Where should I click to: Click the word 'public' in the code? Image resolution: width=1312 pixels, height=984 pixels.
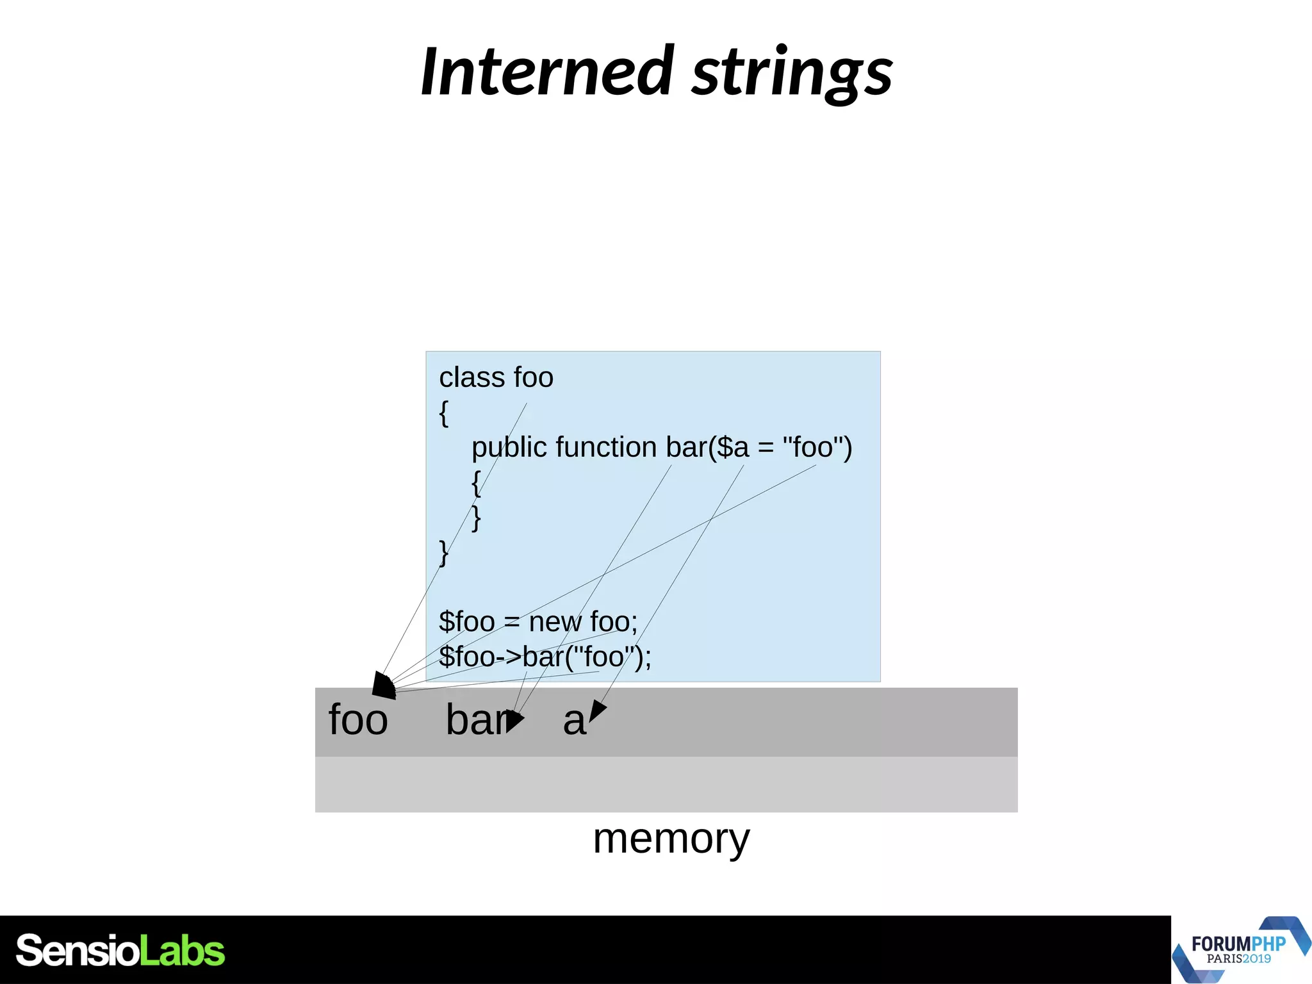click(509, 447)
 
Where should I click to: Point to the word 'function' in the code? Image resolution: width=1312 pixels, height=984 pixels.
click(606, 447)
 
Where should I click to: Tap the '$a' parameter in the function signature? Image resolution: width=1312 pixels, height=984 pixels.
click(732, 447)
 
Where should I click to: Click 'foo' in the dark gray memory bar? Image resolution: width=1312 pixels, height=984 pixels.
click(358, 720)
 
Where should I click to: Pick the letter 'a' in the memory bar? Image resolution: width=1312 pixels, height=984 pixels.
click(574, 721)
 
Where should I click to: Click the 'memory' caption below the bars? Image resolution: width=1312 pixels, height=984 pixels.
click(671, 839)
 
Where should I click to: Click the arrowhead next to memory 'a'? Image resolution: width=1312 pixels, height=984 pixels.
click(597, 710)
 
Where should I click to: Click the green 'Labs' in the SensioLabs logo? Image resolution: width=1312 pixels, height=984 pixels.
click(182, 951)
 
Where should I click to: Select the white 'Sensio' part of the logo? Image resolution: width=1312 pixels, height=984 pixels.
click(77, 951)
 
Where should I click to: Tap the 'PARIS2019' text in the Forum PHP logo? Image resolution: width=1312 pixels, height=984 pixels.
click(1238, 959)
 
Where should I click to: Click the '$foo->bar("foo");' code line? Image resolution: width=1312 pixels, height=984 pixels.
click(545, 657)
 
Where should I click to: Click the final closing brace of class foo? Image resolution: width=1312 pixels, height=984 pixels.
click(443, 552)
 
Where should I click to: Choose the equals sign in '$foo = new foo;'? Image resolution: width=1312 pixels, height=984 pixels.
click(511, 622)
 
